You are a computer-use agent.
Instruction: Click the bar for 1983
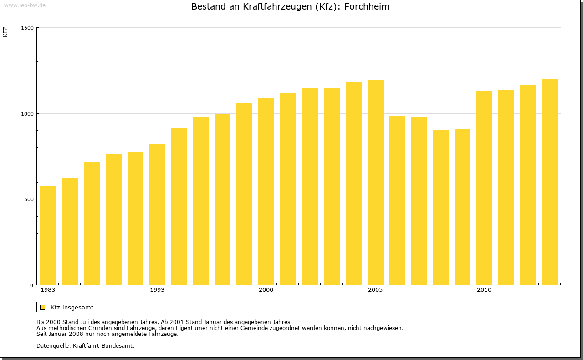48,236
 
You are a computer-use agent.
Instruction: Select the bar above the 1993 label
157,215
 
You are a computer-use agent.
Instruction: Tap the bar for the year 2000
266,192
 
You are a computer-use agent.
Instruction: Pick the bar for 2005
375,183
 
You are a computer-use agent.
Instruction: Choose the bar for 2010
484,188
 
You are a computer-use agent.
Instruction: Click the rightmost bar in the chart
550,182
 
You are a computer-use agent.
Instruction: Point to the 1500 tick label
28,28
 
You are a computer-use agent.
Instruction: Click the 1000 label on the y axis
28,114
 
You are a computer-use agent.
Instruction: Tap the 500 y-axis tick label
29,199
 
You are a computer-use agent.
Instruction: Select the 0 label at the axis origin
32,285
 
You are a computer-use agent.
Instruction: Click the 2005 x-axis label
375,290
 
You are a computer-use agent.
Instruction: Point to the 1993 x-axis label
157,290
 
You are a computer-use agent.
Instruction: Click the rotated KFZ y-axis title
5,32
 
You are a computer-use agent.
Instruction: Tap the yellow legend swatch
42,307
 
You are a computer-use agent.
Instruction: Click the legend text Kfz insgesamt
72,307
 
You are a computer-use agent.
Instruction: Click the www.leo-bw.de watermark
25,5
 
